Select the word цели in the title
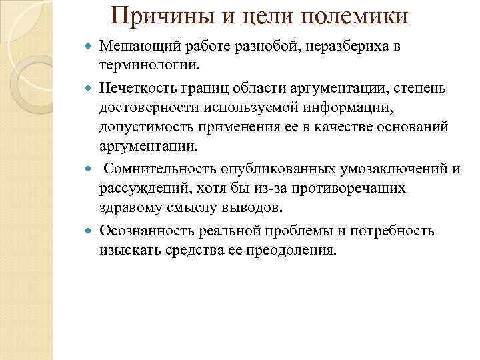coord(261,15)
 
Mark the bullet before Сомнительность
coord(91,169)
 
